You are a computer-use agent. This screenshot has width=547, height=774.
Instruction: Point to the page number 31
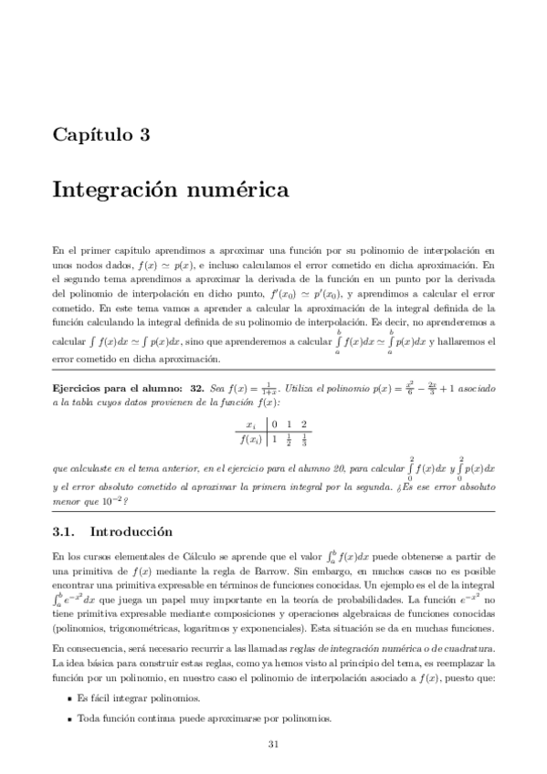point(273,744)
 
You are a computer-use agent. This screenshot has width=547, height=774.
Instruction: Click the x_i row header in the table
point(250,424)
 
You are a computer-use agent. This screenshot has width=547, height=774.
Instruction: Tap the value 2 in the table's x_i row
point(304,424)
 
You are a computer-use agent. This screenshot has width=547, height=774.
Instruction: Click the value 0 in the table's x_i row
point(273,424)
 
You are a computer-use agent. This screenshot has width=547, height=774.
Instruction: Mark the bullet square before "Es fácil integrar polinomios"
point(70,698)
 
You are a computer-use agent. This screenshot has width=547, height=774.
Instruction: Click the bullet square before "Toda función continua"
point(70,718)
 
